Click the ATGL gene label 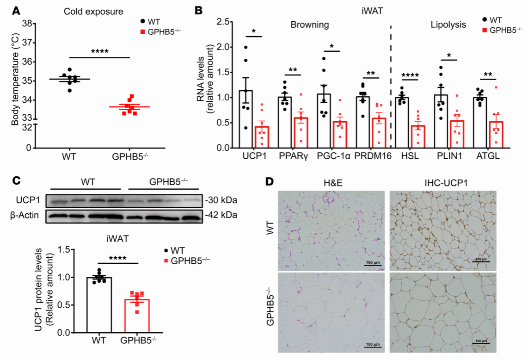coord(489,156)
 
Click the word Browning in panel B coord(310,25)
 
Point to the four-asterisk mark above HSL coord(410,74)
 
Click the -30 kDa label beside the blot coord(217,201)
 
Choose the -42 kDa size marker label coord(217,216)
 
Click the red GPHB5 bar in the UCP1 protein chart coord(136,316)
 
